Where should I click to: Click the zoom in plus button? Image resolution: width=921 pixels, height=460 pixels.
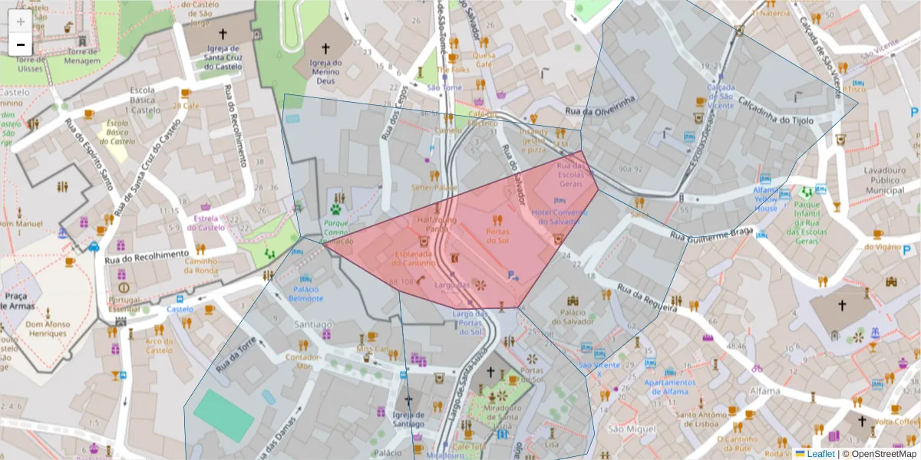(21, 21)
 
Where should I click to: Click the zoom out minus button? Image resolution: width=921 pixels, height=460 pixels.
(21, 44)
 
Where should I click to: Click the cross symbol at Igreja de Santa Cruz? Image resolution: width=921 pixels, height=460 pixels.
(223, 34)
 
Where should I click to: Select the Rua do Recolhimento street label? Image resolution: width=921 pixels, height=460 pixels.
(147, 254)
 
